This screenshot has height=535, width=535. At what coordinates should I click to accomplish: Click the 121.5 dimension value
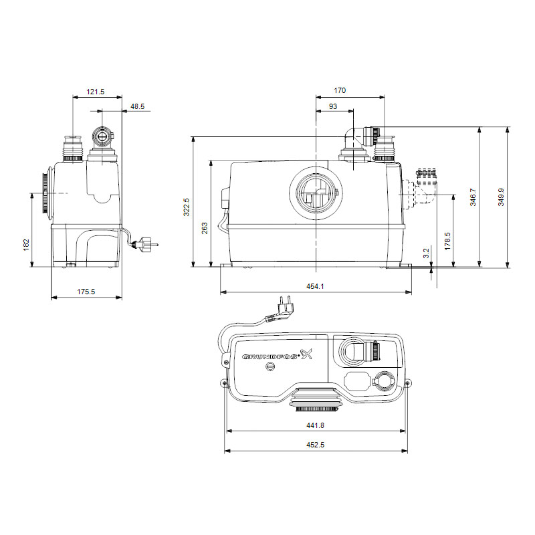[x=95, y=92]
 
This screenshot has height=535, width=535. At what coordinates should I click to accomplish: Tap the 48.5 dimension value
[x=138, y=106]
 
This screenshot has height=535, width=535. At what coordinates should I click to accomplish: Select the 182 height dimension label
[x=26, y=245]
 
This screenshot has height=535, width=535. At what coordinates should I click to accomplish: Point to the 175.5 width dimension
[x=86, y=292]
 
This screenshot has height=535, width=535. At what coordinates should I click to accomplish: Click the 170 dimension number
[x=340, y=90]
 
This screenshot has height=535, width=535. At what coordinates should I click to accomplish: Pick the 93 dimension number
[x=333, y=106]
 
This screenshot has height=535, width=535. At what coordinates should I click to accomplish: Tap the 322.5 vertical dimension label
[x=187, y=207]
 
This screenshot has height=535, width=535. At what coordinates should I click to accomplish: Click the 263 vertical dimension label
[x=205, y=228]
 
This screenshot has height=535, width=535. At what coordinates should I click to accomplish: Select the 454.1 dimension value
[x=315, y=286]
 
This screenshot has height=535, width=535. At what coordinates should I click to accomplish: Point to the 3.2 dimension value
[x=426, y=253]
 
